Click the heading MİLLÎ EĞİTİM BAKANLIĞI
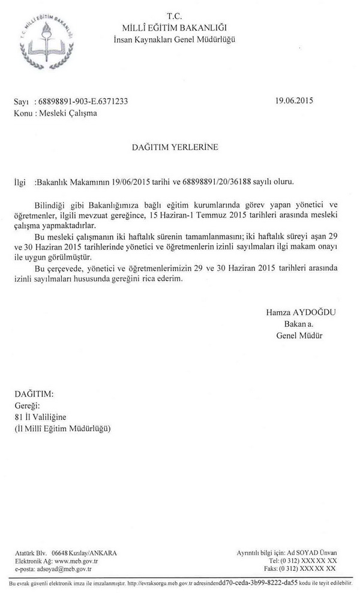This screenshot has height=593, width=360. click(175, 28)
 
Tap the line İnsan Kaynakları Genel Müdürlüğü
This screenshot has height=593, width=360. click(175, 40)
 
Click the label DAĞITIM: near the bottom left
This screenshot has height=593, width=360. click(33, 394)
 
